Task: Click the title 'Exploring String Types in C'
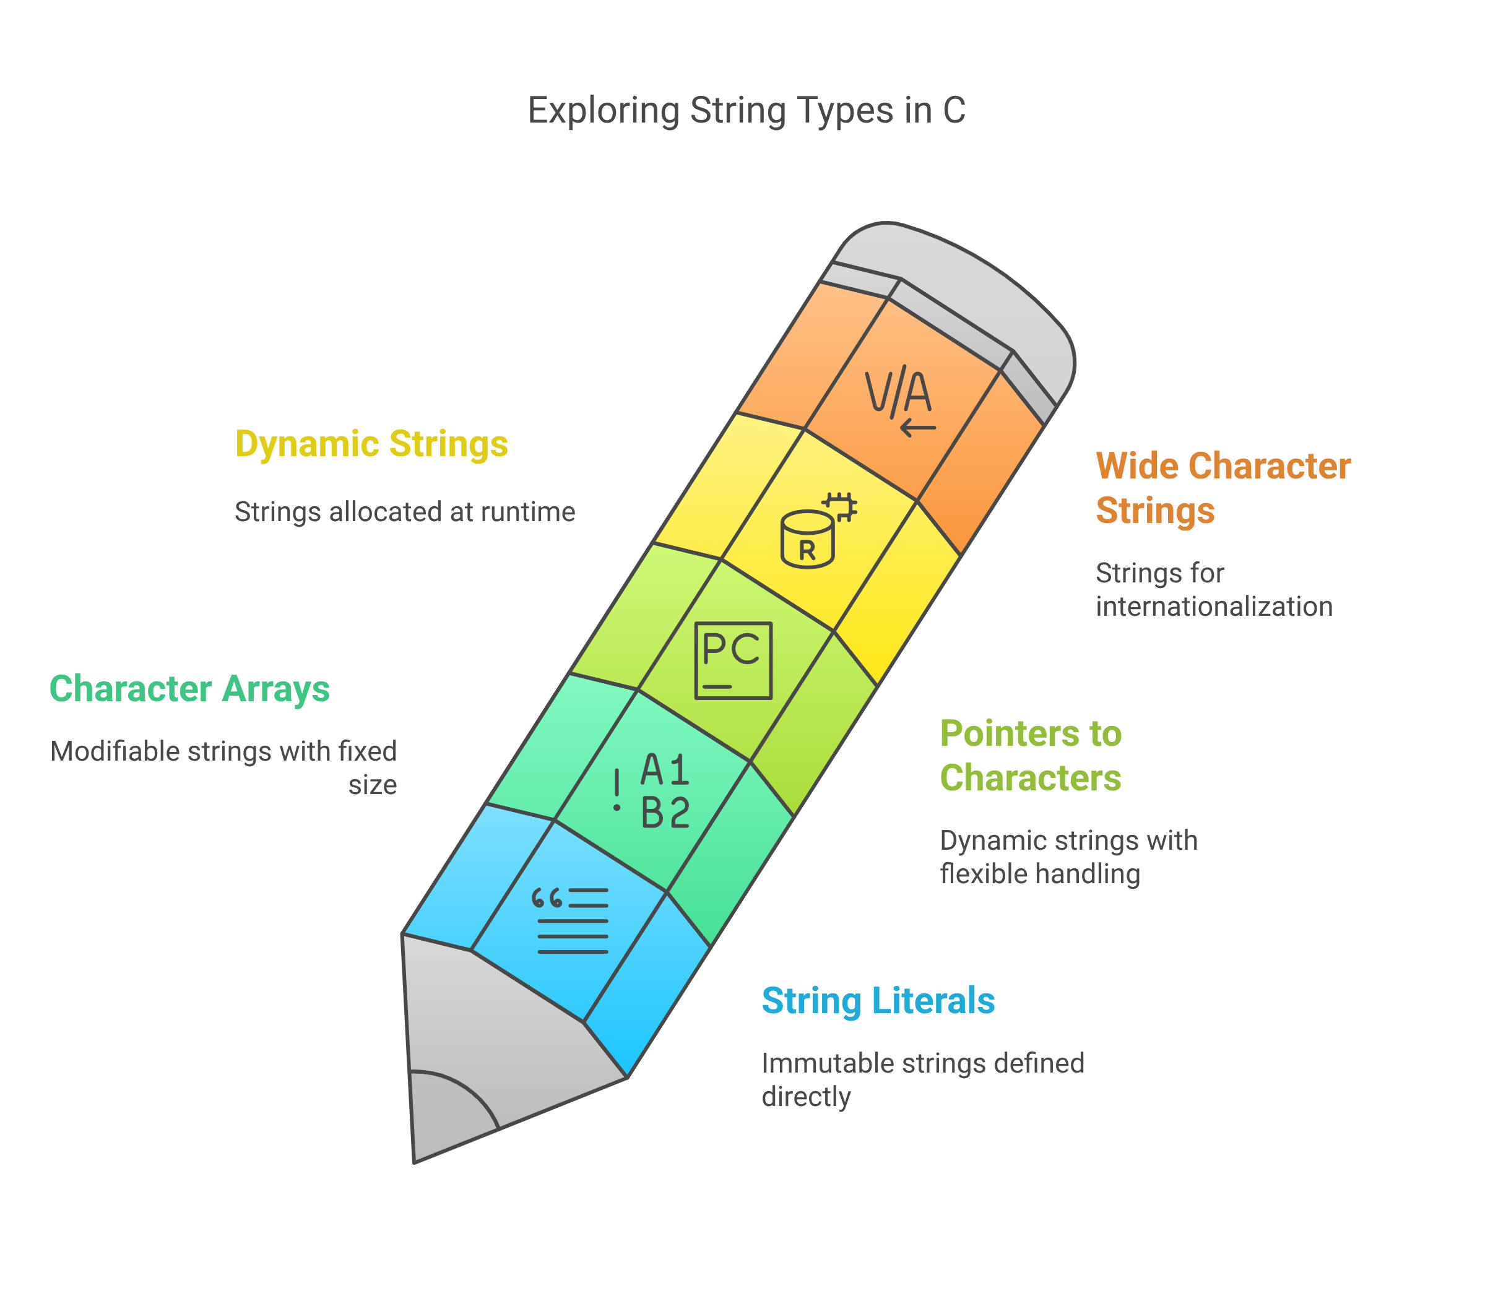tap(746, 111)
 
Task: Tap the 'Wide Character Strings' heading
tap(1223, 488)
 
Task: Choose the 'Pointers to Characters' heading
tap(1031, 756)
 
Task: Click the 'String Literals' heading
tap(878, 1001)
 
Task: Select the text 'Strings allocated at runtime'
tap(405, 512)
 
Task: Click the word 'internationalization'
tap(1214, 606)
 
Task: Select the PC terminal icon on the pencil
tap(733, 660)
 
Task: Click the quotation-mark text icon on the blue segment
tap(570, 920)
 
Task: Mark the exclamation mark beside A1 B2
tap(617, 790)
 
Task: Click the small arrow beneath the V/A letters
tap(918, 428)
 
